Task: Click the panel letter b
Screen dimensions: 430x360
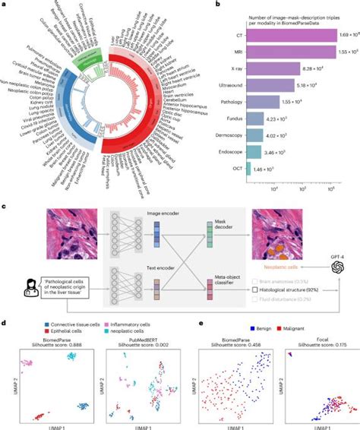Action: (x=197, y=5)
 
